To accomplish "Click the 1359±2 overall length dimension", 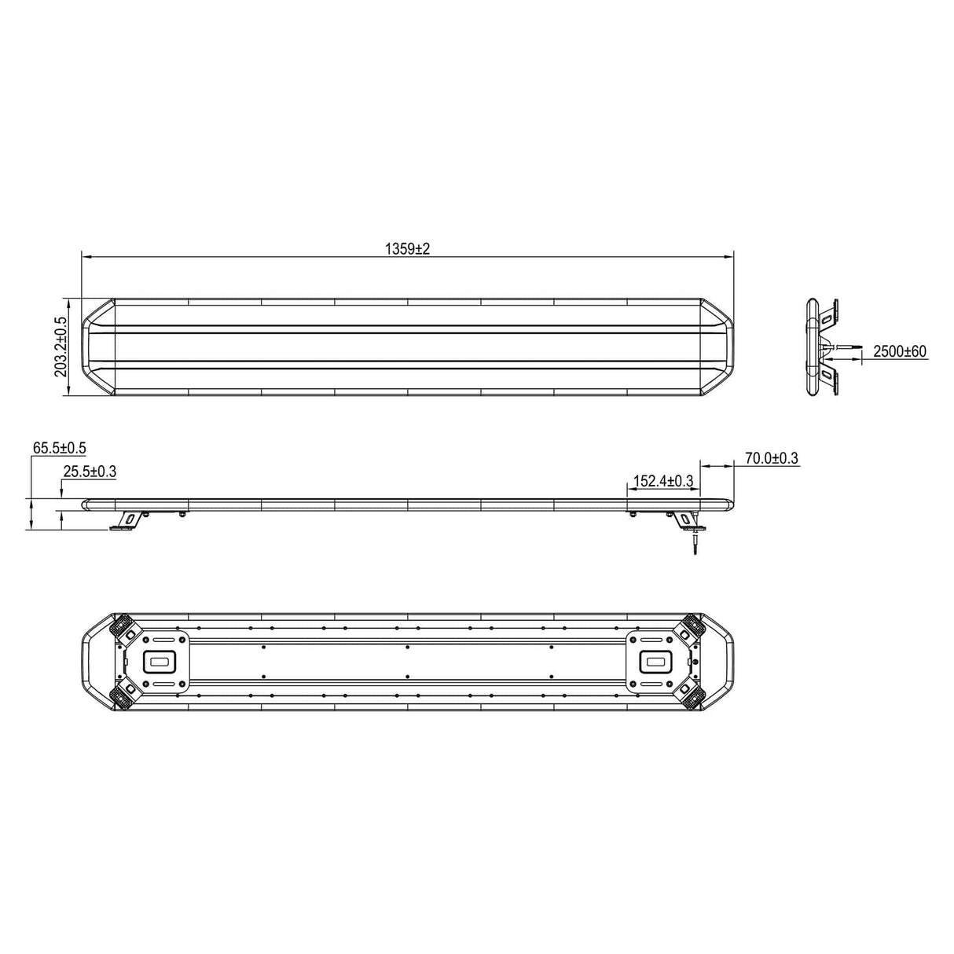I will (x=408, y=249).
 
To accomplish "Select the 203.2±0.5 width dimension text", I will (x=61, y=347).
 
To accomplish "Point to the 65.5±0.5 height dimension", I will (x=59, y=448).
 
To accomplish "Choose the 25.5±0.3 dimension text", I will (x=89, y=471).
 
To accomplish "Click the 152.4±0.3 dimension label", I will (x=663, y=481).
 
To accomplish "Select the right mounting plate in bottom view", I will (x=657, y=662).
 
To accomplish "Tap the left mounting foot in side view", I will (x=127, y=522).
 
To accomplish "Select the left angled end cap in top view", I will (x=99, y=347).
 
